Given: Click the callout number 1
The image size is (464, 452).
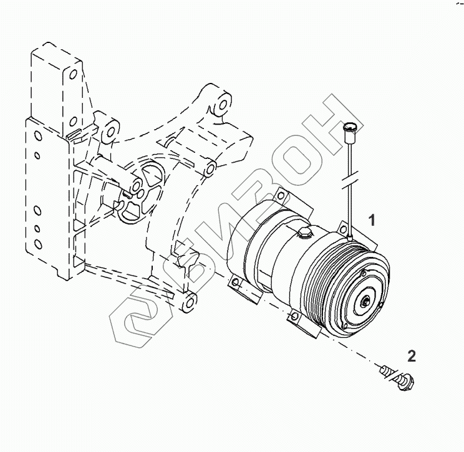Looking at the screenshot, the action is (x=372, y=219).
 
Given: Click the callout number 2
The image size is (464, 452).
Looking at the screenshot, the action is (x=411, y=356).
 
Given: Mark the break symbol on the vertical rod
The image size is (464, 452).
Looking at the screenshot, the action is (x=350, y=183).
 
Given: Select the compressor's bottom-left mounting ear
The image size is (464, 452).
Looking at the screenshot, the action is (x=238, y=286).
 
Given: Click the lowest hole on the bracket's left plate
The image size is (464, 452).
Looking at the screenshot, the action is (x=37, y=242).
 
